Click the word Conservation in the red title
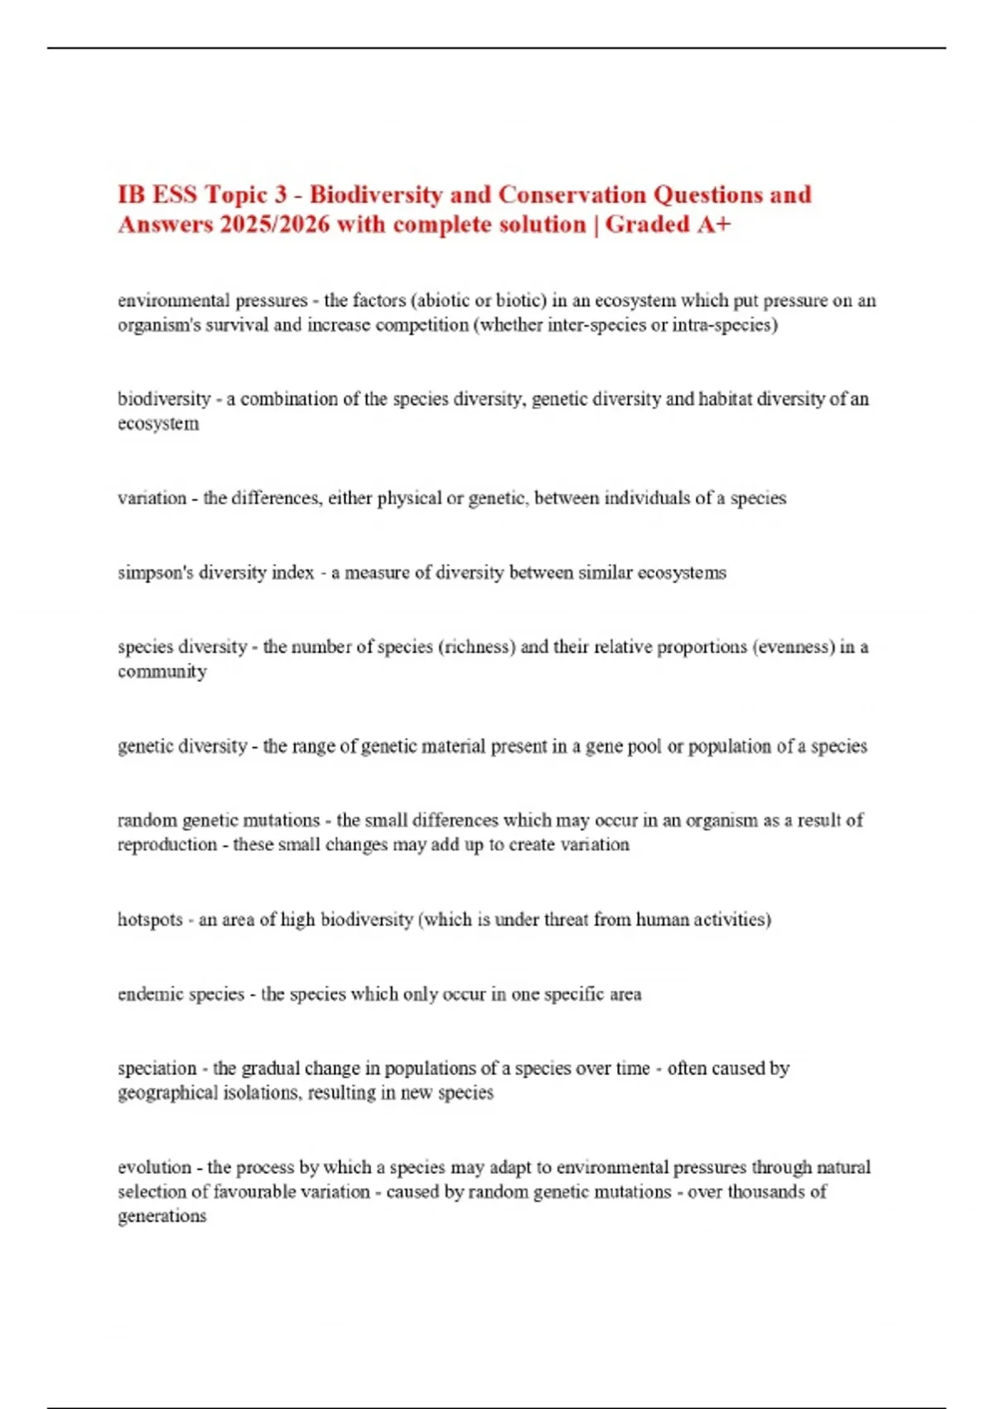coord(572,195)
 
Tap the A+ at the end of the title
coord(714,225)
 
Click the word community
coord(162,671)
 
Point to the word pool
coord(644,746)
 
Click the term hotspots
coord(150,919)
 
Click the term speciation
coord(157,1068)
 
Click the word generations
coord(162,1217)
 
